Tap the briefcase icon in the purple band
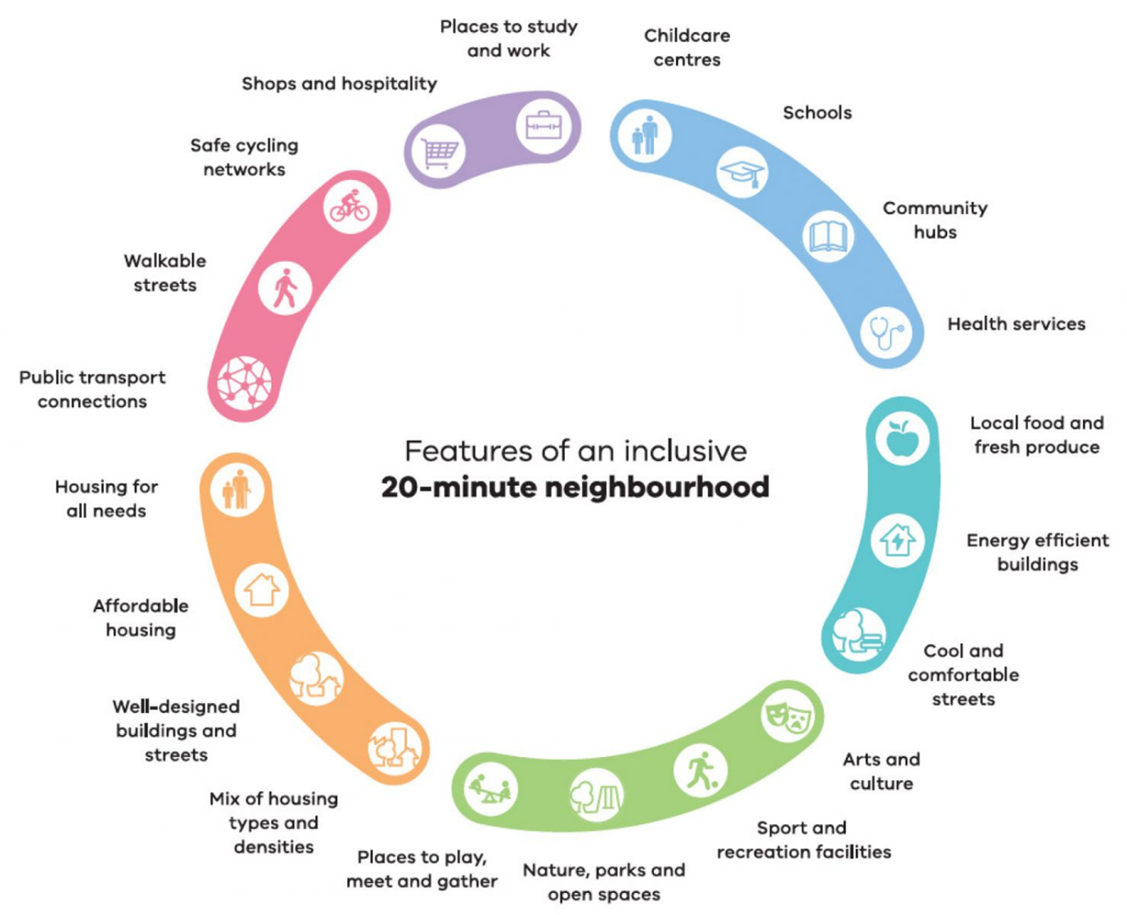coord(543,125)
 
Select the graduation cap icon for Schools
coord(742,172)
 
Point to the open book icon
coord(827,237)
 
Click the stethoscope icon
coord(886,332)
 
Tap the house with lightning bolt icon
coord(898,540)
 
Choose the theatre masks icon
coord(787,715)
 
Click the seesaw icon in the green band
coord(489,790)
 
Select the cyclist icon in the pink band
coord(350,206)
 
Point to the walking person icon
coord(285,288)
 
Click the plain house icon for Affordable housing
coord(262,589)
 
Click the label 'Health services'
coord(1016,324)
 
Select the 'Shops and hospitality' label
coord(339,83)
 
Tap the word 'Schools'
coord(817,113)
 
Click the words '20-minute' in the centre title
coord(458,487)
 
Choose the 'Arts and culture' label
coord(881,771)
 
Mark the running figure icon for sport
coord(701,771)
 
